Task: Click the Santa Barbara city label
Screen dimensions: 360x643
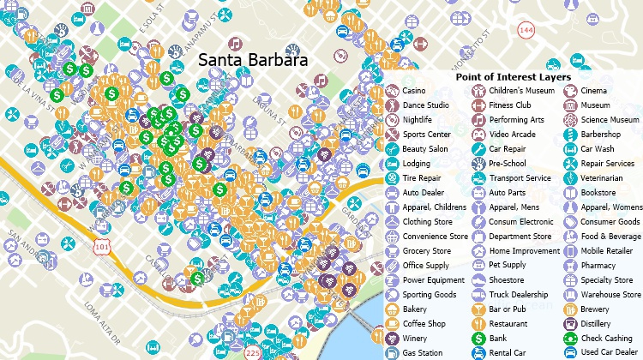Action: (x=252, y=61)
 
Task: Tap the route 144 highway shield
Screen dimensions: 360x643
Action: (x=525, y=30)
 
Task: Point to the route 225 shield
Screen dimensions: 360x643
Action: (x=252, y=352)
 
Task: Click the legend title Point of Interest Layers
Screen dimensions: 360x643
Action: (x=513, y=76)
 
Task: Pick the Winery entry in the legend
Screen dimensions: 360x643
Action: (x=415, y=339)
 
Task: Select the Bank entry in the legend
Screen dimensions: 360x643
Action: (x=498, y=339)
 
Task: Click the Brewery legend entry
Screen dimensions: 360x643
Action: (x=596, y=309)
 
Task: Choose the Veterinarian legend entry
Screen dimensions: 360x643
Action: (x=602, y=178)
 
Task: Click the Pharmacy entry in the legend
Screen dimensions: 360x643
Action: (x=597, y=266)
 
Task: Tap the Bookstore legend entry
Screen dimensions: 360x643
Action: (x=598, y=193)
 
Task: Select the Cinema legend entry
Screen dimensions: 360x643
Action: (x=593, y=91)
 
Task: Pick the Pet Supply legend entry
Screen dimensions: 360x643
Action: (x=508, y=266)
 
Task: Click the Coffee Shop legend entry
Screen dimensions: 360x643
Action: (x=424, y=324)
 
